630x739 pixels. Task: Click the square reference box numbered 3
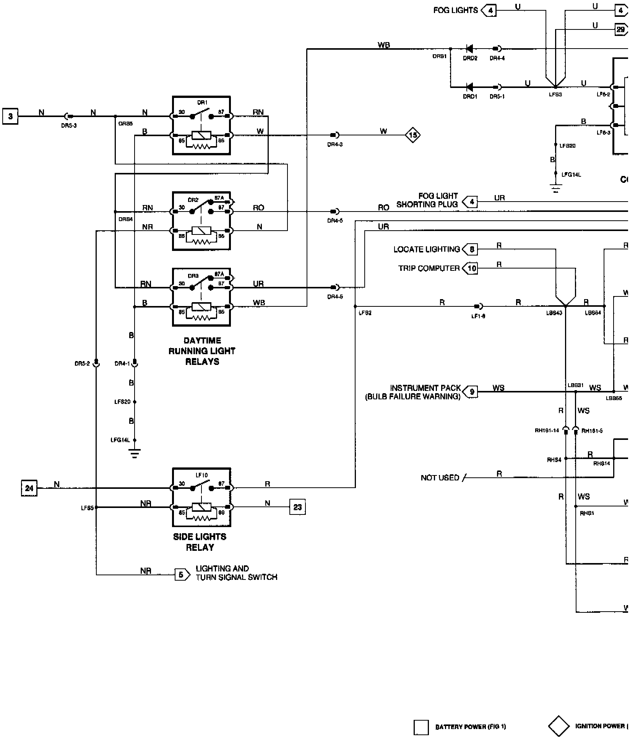[10, 116]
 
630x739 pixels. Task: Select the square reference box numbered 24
[29, 488]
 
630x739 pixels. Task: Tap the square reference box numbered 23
[297, 507]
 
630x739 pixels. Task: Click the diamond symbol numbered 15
[413, 135]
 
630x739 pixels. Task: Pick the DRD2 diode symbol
[469, 49]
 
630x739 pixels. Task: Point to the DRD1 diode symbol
[469, 87]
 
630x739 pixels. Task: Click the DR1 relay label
[202, 103]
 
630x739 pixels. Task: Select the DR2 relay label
[193, 200]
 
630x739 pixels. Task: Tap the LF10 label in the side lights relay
[201, 475]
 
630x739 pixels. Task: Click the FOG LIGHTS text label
[455, 10]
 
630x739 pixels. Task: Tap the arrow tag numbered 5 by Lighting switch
[182, 575]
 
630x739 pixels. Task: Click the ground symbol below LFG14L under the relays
[135, 454]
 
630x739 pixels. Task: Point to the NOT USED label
[440, 478]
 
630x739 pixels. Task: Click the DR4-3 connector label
[335, 145]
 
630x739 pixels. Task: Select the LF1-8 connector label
[478, 316]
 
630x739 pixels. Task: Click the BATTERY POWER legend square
[421, 728]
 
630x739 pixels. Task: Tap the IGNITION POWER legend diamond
[559, 726]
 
